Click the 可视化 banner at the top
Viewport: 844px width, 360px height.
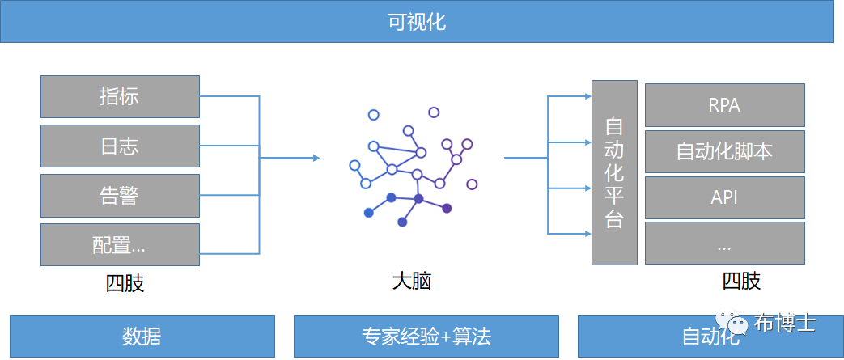pyautogui.click(x=418, y=23)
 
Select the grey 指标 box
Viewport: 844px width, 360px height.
pyautogui.click(x=120, y=96)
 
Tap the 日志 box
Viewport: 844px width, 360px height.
pyautogui.click(x=120, y=146)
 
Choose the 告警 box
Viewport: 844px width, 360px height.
pyautogui.click(x=120, y=195)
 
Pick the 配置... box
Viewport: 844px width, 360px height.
pyautogui.click(x=120, y=245)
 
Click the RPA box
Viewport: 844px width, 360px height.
pyautogui.click(x=724, y=105)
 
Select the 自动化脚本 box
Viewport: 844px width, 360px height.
pyautogui.click(x=724, y=151)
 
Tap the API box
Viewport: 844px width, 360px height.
pyautogui.click(x=724, y=197)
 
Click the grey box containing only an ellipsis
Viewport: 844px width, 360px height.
pyautogui.click(x=724, y=244)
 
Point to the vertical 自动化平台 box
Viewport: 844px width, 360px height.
pyautogui.click(x=614, y=172)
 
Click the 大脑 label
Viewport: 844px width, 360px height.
pyautogui.click(x=412, y=282)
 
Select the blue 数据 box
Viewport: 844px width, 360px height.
pyautogui.click(x=142, y=337)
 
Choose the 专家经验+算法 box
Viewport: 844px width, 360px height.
pyautogui.click(x=426, y=337)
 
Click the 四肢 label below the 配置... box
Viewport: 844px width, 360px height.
pyautogui.click(x=125, y=283)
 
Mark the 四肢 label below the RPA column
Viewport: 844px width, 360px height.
pyautogui.click(x=741, y=281)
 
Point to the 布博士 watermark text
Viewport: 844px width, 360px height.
pyautogui.click(x=785, y=323)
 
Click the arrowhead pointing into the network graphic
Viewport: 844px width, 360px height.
pyautogui.click(x=316, y=159)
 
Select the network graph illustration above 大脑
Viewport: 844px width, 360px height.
pyautogui.click(x=414, y=167)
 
